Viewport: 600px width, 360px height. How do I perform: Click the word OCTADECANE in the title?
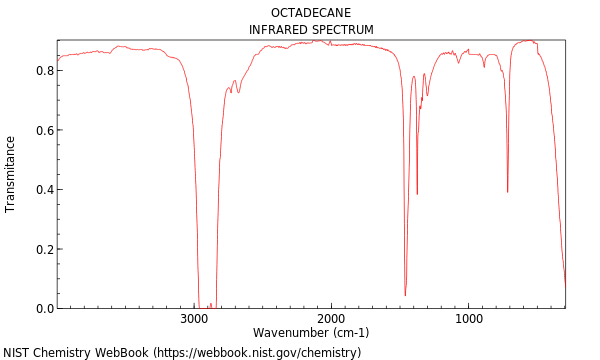[x=311, y=13]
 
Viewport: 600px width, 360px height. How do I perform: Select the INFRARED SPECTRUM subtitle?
[x=311, y=30]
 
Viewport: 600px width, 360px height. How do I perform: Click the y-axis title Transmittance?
[x=11, y=174]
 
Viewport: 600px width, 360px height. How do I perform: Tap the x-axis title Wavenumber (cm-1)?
[x=311, y=332]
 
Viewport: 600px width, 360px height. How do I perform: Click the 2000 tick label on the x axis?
[x=331, y=319]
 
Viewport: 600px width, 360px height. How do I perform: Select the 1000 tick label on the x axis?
[x=468, y=319]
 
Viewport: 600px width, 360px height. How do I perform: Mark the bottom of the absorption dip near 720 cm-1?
[x=507, y=192]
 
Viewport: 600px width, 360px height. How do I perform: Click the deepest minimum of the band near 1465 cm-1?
[x=405, y=296]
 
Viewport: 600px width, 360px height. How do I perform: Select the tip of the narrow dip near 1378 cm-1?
[x=417, y=194]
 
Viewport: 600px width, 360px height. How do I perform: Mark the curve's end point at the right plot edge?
[x=565, y=285]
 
